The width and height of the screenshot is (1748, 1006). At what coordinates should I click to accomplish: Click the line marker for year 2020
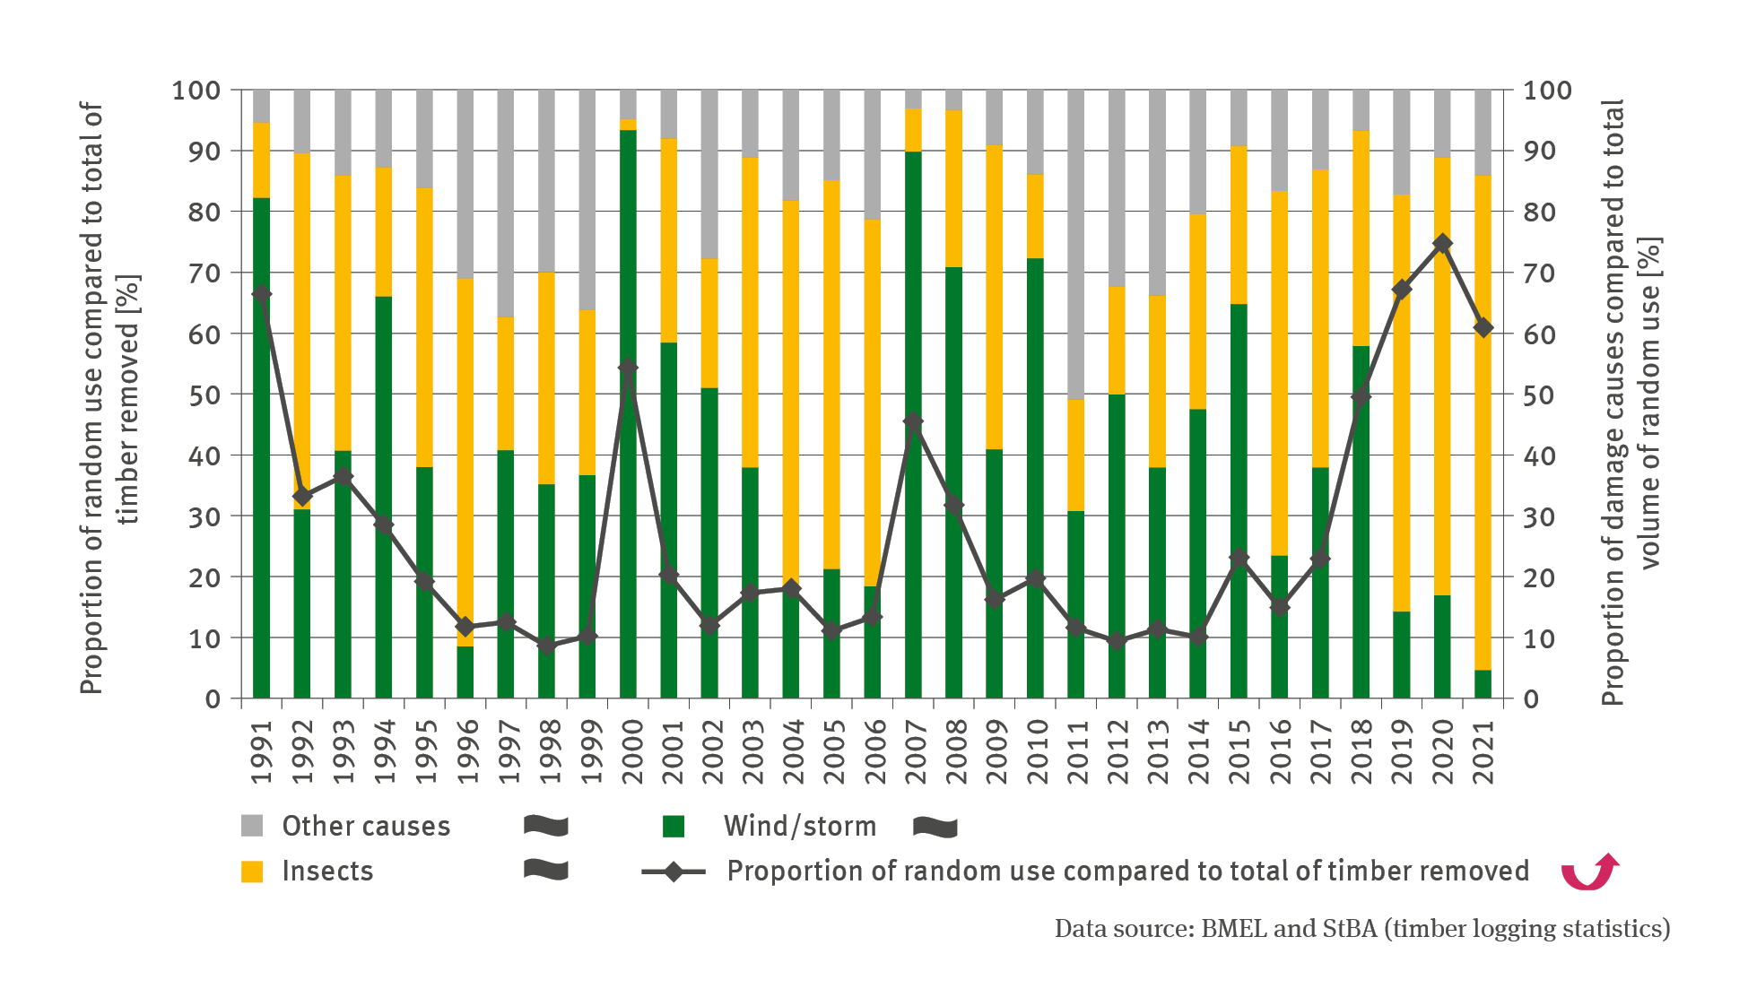click(1442, 244)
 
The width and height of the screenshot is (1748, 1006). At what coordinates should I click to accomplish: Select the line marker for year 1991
click(261, 293)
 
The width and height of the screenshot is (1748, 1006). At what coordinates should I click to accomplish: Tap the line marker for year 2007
click(913, 421)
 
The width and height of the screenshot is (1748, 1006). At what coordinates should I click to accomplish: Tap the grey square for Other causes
click(252, 826)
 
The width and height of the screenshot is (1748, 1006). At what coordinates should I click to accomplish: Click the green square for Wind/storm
click(674, 826)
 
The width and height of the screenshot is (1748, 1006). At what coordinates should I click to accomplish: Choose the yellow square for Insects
click(252, 871)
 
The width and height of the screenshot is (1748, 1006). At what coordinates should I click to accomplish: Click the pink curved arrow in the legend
click(1589, 871)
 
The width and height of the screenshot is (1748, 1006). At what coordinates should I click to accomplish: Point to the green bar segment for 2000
click(628, 412)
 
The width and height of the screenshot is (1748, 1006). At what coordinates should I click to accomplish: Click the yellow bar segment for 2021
click(1483, 421)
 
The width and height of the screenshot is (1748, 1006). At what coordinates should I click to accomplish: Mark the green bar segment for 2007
click(913, 556)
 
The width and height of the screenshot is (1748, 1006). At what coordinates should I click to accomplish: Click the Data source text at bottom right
click(1361, 928)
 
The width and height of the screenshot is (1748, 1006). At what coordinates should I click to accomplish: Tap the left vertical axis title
click(109, 399)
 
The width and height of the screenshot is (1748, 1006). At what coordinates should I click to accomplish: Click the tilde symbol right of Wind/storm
click(935, 827)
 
